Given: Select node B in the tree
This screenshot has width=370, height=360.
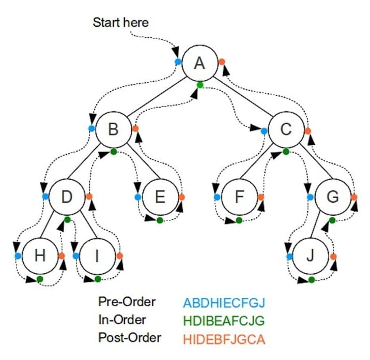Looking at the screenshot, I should (x=113, y=128).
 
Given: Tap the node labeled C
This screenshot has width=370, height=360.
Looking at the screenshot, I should (x=286, y=129).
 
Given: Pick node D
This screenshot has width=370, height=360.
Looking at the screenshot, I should (x=67, y=197).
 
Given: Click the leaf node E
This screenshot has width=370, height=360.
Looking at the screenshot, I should (x=159, y=197).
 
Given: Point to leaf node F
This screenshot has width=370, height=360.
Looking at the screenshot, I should (x=239, y=197).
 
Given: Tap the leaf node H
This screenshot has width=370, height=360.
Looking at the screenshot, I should (x=39, y=256).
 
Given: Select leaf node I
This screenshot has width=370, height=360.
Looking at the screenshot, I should (x=98, y=256).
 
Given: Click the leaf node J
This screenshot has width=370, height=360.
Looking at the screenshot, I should (x=311, y=256).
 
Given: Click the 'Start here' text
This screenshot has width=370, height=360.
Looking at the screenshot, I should (x=120, y=22).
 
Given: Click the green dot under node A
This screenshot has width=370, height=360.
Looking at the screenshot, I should (x=200, y=84).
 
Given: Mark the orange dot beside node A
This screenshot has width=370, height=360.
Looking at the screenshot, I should (x=222, y=62).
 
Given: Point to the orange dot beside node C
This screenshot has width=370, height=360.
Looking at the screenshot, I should (x=308, y=131).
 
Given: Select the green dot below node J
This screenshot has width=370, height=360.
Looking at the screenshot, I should (x=311, y=279).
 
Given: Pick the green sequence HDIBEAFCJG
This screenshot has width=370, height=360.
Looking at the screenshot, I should (x=224, y=321).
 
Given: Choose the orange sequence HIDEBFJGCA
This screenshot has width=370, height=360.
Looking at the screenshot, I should (x=224, y=339).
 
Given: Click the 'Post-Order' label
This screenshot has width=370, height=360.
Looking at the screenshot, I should (x=130, y=338).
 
